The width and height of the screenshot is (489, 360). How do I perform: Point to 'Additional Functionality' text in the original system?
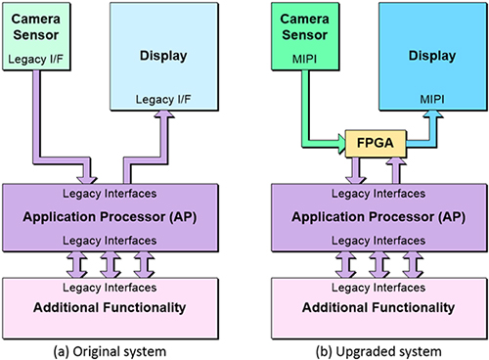click(x=120, y=307)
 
